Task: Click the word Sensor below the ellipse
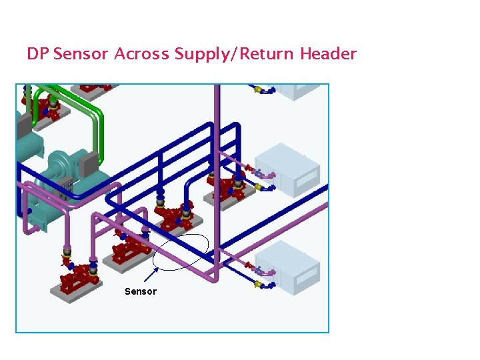pyautogui.click(x=141, y=291)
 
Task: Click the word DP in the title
pyautogui.click(x=38, y=54)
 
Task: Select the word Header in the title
pyautogui.click(x=328, y=54)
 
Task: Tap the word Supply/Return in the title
pyautogui.click(x=235, y=54)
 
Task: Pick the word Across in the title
pyautogui.click(x=142, y=54)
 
